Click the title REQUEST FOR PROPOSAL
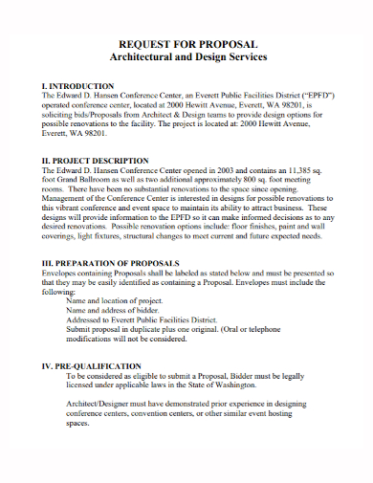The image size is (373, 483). point(186,45)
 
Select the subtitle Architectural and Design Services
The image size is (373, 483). point(186,58)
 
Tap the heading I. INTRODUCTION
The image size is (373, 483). point(78,86)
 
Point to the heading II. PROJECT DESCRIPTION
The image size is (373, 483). point(96,161)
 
